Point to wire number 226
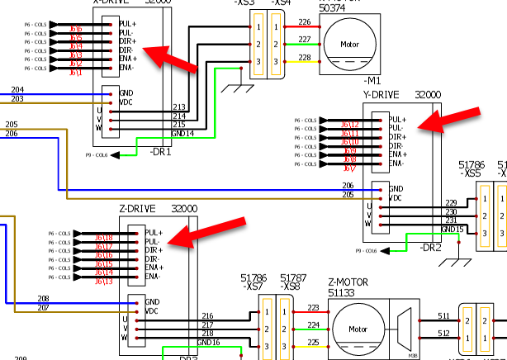(x=305, y=21)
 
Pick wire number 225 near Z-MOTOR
(x=313, y=342)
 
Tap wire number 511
(x=443, y=316)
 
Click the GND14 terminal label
(x=183, y=133)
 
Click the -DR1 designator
(x=160, y=153)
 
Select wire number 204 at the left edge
(x=17, y=90)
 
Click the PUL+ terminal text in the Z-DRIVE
(x=153, y=233)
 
